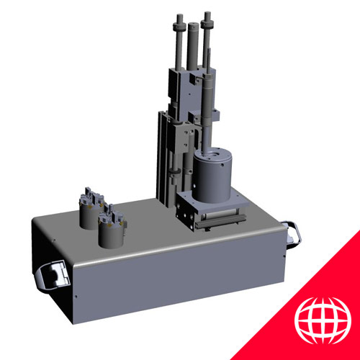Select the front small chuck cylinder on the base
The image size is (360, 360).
click(111, 230)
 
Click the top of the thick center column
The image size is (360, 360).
click(193, 27)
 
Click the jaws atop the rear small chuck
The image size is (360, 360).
click(91, 194)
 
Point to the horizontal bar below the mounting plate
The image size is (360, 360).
click(216, 219)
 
